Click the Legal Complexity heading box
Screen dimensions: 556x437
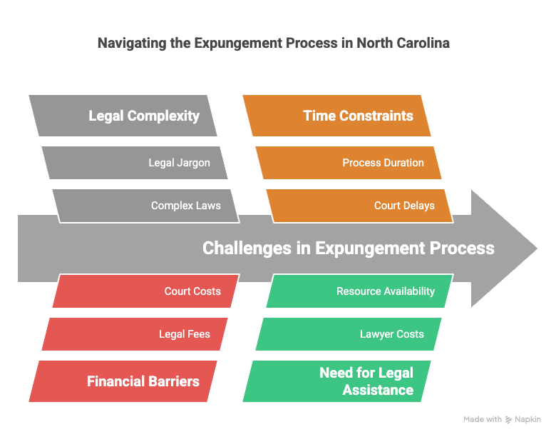tap(123, 116)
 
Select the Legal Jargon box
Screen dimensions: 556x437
tap(135, 163)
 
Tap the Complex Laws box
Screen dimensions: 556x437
tap(146, 206)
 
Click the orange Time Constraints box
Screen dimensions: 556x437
tap(337, 116)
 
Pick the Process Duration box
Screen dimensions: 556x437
tap(349, 163)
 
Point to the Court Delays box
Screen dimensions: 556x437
tap(360, 206)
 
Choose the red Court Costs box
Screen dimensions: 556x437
tap(146, 291)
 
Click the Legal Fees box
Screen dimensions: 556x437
tap(135, 334)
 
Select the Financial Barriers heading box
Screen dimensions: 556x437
tap(123, 381)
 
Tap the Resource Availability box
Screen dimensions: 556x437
tap(360, 291)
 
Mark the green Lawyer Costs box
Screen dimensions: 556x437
tap(349, 334)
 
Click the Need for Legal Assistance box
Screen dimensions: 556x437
tap(337, 381)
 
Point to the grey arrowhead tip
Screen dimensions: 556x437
tap(537, 248)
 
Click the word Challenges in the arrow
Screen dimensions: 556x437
tap(247, 248)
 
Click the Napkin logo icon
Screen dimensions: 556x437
tap(508, 420)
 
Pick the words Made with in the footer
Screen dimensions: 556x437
tap(483, 419)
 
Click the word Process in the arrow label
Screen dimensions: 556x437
tap(462, 248)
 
